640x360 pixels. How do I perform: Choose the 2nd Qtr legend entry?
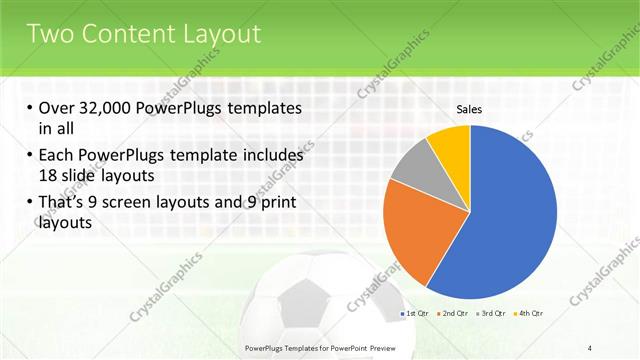coord(455,314)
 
